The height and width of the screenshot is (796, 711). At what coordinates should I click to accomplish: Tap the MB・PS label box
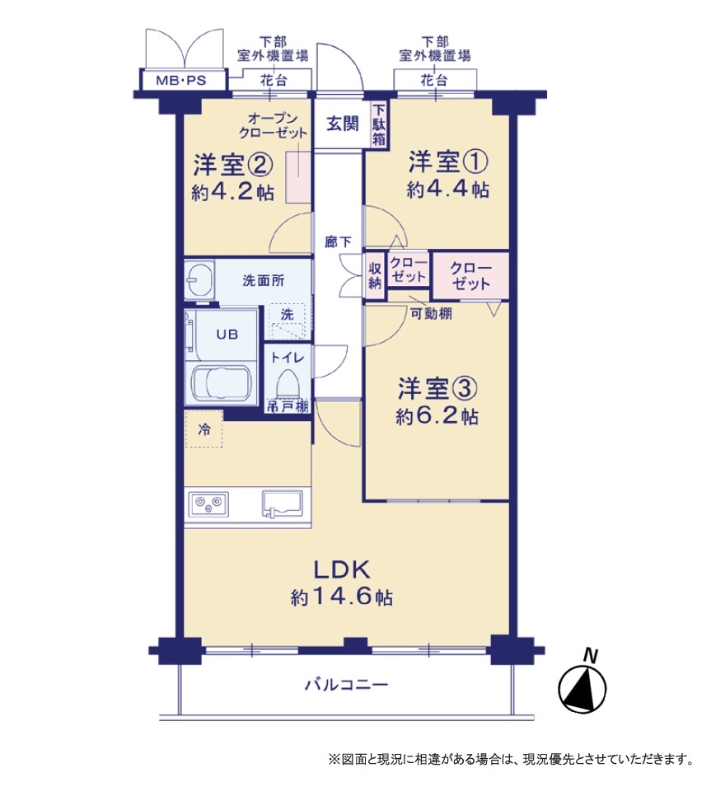click(x=182, y=80)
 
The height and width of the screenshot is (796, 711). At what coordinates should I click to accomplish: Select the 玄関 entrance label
click(x=342, y=124)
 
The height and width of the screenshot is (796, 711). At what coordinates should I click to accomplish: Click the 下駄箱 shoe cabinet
click(x=379, y=125)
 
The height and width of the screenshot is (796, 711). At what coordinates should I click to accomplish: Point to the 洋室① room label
click(x=448, y=162)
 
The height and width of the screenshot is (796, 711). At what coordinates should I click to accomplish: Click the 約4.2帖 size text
click(x=233, y=192)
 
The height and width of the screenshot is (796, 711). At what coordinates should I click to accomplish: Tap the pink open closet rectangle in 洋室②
click(x=298, y=176)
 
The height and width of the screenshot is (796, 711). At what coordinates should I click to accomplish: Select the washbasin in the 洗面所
click(x=199, y=279)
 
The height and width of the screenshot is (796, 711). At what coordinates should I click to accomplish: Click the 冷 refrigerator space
click(x=203, y=429)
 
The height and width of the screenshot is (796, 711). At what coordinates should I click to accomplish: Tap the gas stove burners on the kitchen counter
click(x=208, y=504)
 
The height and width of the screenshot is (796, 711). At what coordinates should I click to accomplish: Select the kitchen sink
click(x=282, y=504)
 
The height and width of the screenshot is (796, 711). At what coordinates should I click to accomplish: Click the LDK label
click(x=342, y=570)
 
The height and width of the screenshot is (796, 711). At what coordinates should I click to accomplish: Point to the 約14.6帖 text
click(x=342, y=597)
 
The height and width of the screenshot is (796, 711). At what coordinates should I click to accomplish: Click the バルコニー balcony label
click(x=347, y=685)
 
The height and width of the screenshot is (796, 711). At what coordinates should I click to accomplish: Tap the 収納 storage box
click(x=375, y=276)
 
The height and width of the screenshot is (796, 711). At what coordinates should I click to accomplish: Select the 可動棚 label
click(x=431, y=314)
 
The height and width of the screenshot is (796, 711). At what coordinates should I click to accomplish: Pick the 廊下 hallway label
click(x=338, y=242)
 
